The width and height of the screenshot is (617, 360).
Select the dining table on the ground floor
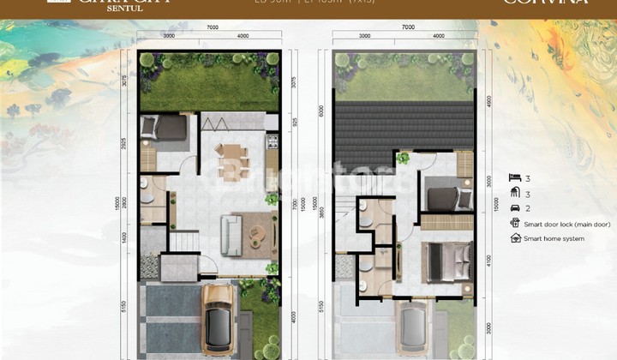click(x=232, y=160)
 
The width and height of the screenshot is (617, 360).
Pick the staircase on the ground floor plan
click(x=184, y=236)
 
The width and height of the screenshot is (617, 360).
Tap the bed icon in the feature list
click(x=514, y=178)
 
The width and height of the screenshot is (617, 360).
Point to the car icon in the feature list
click(x=514, y=208)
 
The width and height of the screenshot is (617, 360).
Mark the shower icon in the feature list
click(x=514, y=193)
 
